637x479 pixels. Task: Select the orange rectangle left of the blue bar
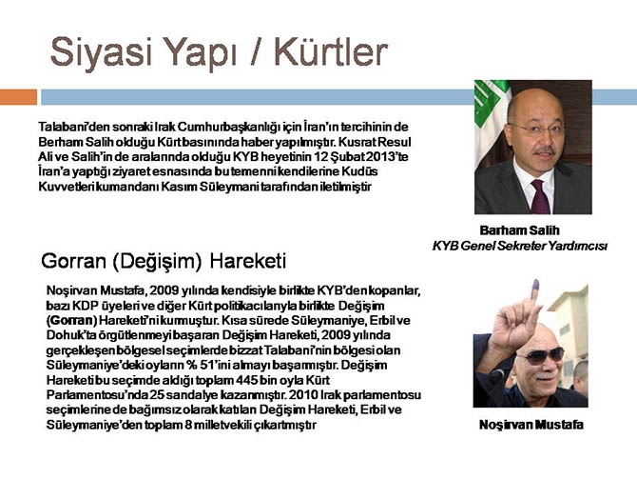point(18,96)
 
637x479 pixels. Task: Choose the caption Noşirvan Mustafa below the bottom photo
point(531,425)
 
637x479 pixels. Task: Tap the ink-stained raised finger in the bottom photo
point(534,292)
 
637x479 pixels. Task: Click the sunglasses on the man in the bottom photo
point(539,356)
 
